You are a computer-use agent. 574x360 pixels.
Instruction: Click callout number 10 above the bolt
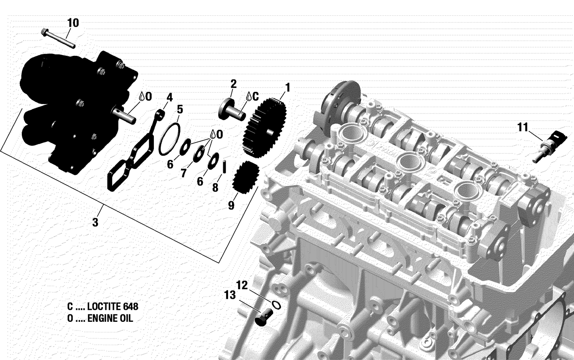click(73, 23)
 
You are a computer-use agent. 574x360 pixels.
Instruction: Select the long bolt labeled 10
click(57, 39)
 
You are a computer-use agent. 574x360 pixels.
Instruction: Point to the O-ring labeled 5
click(170, 139)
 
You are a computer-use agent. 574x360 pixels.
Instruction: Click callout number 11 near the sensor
click(523, 127)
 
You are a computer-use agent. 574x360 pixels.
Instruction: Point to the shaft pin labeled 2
click(232, 109)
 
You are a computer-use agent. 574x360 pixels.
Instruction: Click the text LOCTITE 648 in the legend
click(113, 306)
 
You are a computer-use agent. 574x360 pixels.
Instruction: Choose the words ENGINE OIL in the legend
click(110, 318)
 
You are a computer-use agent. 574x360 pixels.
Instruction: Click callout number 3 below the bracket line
click(95, 222)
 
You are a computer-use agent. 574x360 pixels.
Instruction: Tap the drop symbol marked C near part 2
click(249, 96)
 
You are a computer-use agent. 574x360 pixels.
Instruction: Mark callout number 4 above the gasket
click(169, 97)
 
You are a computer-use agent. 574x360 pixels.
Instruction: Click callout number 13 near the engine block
click(230, 295)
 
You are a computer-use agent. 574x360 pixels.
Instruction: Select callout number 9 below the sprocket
click(231, 205)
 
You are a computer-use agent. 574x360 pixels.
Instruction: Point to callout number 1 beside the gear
click(287, 88)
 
